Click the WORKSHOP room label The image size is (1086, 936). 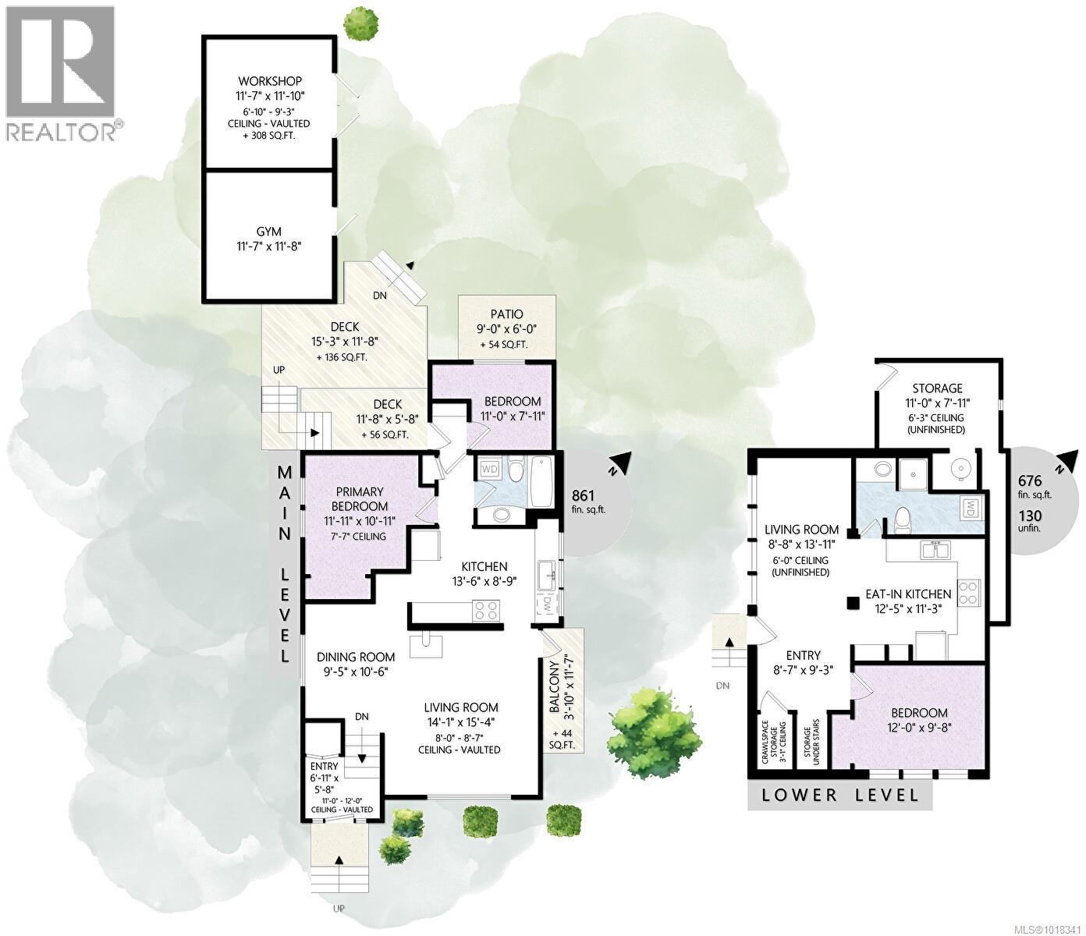tap(270, 81)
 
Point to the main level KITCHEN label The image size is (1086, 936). tap(484, 566)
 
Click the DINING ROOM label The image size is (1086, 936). tap(355, 657)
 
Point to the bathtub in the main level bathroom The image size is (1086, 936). tap(541, 481)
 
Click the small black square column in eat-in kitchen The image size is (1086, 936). tap(854, 602)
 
